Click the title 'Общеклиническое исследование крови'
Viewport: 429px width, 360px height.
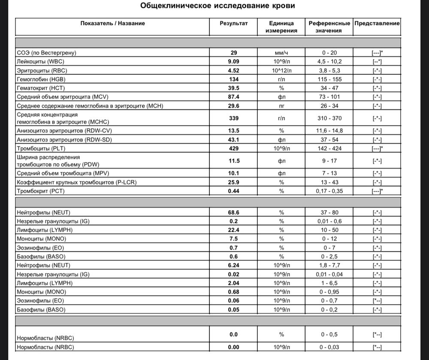pyautogui.click(x=218, y=6)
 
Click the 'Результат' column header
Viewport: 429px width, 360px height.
pyautogui.click(x=234, y=23)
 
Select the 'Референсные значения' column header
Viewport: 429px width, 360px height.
pyautogui.click(x=329, y=27)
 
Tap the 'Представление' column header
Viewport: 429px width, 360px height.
pyautogui.click(x=377, y=23)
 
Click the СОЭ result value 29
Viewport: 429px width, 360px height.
pyautogui.click(x=234, y=53)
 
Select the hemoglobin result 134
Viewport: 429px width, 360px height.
pyautogui.click(x=234, y=79)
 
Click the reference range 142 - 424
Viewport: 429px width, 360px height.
pyautogui.click(x=329, y=148)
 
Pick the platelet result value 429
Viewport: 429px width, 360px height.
pyautogui.click(x=234, y=148)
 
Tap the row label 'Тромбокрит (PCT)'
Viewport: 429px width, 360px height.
pyautogui.click(x=40, y=191)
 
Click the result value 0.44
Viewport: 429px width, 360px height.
pyautogui.click(x=234, y=191)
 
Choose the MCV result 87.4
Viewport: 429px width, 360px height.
pyautogui.click(x=234, y=97)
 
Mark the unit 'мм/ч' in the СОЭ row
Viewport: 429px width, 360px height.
pyautogui.click(x=281, y=53)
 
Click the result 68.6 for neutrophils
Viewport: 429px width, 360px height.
pyautogui.click(x=234, y=212)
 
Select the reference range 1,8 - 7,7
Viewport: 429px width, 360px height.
pyautogui.click(x=329, y=265)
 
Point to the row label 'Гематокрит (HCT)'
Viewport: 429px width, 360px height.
pyautogui.click(x=40, y=88)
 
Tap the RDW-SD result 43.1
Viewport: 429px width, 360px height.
pyautogui.click(x=234, y=139)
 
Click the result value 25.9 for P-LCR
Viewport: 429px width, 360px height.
pyautogui.click(x=234, y=182)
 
